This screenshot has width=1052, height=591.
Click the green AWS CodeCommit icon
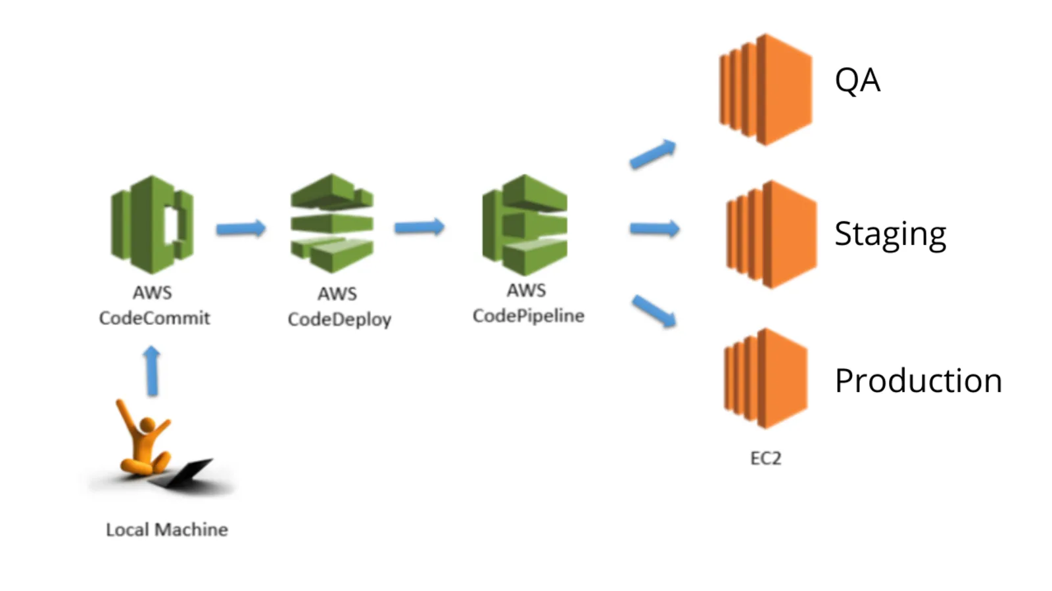click(x=153, y=225)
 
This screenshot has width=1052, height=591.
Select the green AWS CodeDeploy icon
click(x=332, y=223)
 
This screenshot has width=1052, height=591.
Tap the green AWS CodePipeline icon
click(x=525, y=225)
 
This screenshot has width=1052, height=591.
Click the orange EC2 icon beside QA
click(x=766, y=90)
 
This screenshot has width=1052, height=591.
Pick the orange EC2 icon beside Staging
click(x=771, y=234)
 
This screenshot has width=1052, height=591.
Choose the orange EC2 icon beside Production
click(x=766, y=379)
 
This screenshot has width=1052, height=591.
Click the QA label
click(x=857, y=81)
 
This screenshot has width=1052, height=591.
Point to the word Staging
click(x=890, y=234)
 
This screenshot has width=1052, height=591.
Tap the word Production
click(x=918, y=381)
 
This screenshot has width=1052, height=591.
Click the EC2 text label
click(x=766, y=458)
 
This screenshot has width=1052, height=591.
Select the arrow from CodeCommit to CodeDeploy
click(x=241, y=229)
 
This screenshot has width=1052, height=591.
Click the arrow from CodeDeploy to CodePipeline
click(x=419, y=227)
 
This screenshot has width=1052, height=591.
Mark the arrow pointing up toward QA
click(x=653, y=154)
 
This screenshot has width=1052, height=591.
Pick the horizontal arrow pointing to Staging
click(x=654, y=229)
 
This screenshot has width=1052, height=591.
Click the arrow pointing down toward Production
click(x=654, y=311)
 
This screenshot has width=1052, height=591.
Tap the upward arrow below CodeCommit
click(x=152, y=371)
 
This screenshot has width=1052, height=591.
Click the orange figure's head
click(x=147, y=425)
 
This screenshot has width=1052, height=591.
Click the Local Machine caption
click(x=167, y=530)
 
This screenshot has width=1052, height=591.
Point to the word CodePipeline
click(x=529, y=317)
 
